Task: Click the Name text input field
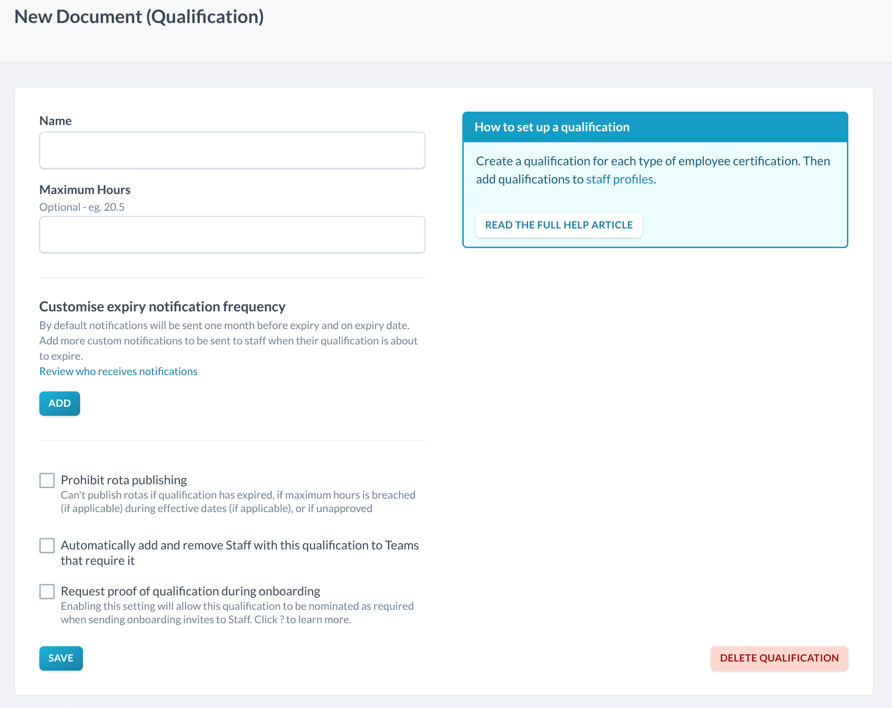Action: (232, 150)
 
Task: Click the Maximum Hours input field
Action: (232, 235)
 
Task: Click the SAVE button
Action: (61, 658)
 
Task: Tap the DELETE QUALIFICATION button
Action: (779, 658)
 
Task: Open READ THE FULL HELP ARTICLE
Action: (559, 225)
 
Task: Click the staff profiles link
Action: (620, 180)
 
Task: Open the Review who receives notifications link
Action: (118, 372)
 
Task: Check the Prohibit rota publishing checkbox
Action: (47, 480)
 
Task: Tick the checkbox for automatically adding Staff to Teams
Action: (47, 546)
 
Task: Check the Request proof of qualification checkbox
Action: (47, 592)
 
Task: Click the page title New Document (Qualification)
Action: (139, 17)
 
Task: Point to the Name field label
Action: (56, 121)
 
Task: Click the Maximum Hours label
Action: (85, 190)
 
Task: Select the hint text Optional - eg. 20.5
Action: (82, 207)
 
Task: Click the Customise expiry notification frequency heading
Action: (163, 307)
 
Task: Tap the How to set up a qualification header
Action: (552, 127)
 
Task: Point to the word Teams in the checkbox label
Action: (402, 546)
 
